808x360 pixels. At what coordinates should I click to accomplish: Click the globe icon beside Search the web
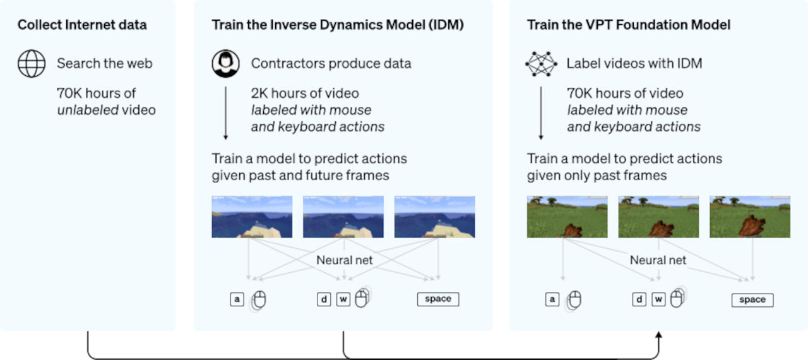(x=32, y=64)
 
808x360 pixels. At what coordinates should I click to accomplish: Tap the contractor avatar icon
(x=225, y=64)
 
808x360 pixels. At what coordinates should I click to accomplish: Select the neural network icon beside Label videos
(x=542, y=64)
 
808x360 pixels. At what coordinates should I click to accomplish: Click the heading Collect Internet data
(x=82, y=25)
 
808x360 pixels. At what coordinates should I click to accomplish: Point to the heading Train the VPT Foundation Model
(x=629, y=25)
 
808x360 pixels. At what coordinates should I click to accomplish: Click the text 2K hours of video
(x=305, y=93)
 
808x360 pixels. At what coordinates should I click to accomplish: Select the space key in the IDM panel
(x=438, y=299)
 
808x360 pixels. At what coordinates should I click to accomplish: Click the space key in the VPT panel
(x=752, y=299)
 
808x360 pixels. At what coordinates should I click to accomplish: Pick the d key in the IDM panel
(x=324, y=299)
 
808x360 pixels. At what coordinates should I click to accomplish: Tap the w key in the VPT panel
(x=658, y=299)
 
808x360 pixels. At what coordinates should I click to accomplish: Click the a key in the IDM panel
(x=237, y=299)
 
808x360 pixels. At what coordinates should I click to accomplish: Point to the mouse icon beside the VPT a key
(x=574, y=301)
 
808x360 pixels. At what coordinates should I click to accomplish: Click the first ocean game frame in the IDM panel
(x=252, y=217)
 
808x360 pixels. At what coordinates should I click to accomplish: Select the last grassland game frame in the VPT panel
(x=750, y=217)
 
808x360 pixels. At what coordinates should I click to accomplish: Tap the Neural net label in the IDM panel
(x=344, y=260)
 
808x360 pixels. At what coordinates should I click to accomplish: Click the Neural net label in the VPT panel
(x=658, y=260)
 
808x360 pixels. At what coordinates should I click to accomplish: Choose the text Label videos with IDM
(x=634, y=64)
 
